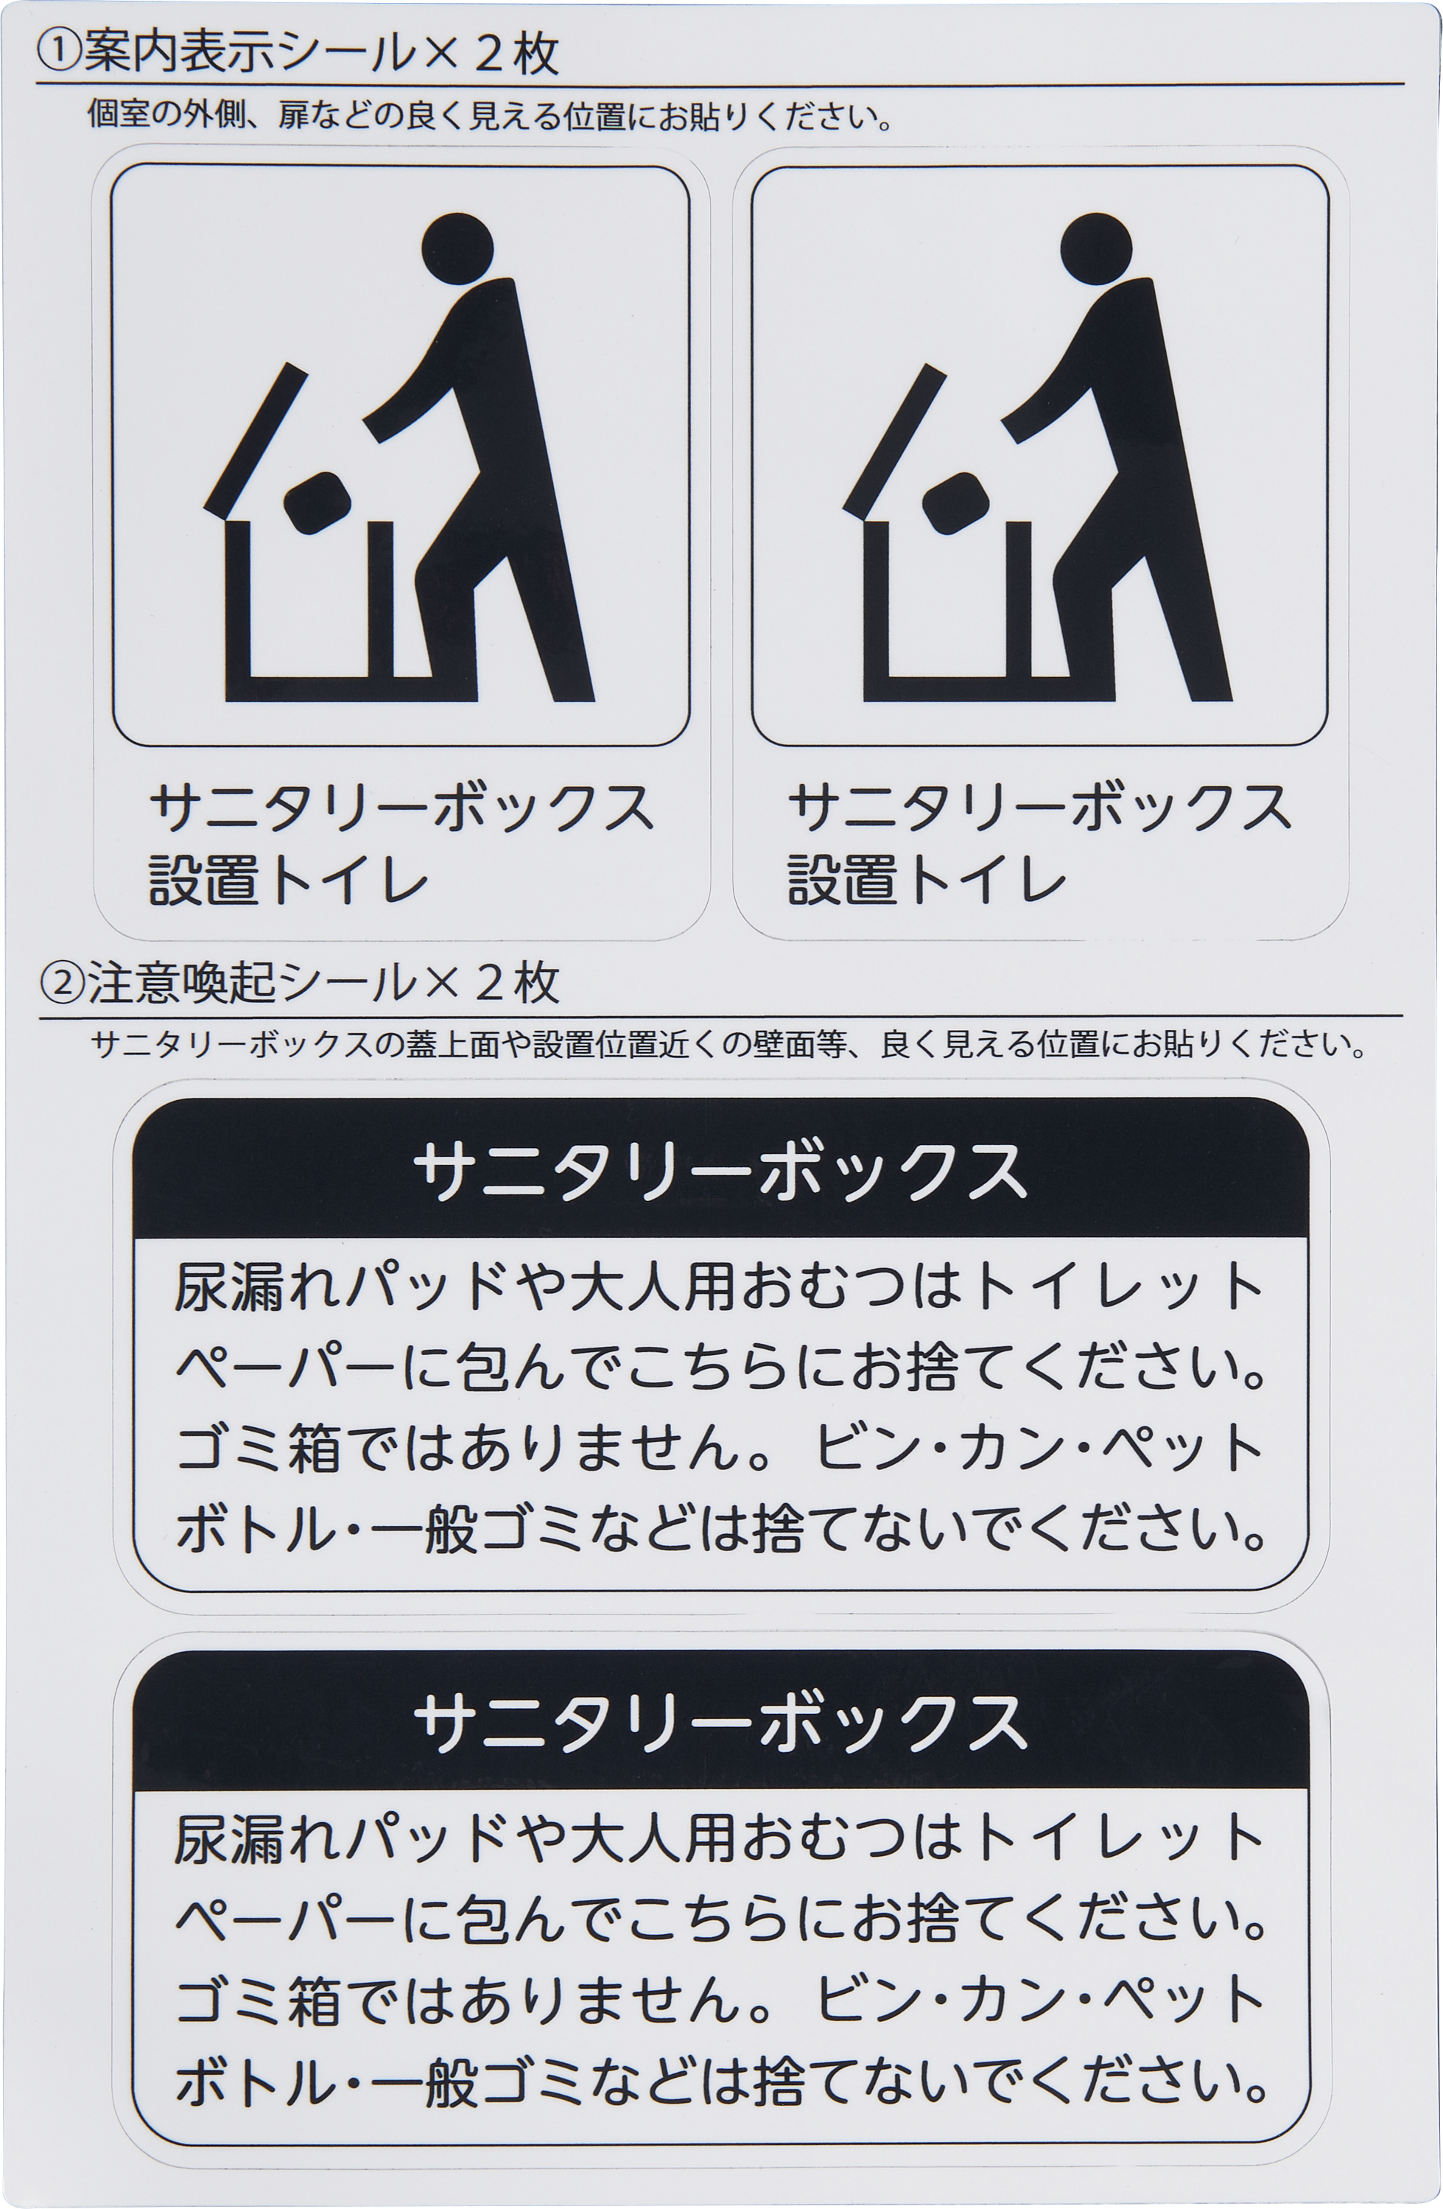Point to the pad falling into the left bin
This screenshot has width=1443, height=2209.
(x=317, y=503)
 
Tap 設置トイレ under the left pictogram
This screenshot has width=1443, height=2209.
(x=288, y=879)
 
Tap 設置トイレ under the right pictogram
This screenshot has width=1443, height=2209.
(x=926, y=879)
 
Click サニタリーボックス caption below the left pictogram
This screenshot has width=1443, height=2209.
(x=401, y=807)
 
